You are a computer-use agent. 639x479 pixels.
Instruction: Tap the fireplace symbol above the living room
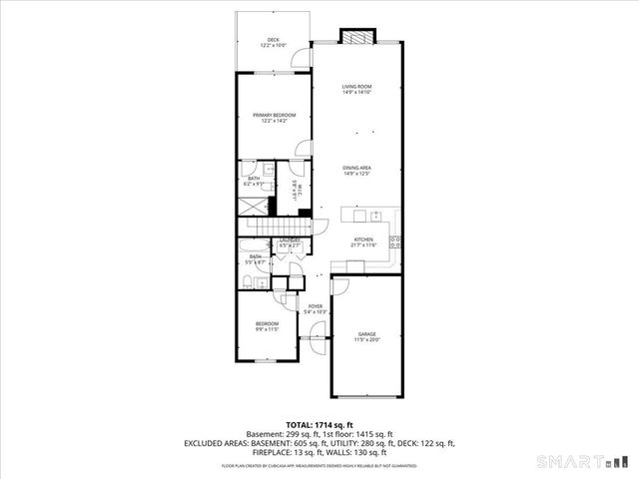click(356, 37)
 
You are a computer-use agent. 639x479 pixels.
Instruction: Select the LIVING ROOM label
click(356, 90)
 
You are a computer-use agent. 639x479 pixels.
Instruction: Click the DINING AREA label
click(356, 171)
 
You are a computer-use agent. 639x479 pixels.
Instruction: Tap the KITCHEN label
click(363, 241)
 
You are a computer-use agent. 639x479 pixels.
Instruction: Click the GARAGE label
click(366, 337)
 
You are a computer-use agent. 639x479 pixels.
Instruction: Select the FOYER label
click(316, 308)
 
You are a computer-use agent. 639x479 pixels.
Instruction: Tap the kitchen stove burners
click(395, 239)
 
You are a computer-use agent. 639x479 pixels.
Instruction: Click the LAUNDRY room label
click(291, 242)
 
